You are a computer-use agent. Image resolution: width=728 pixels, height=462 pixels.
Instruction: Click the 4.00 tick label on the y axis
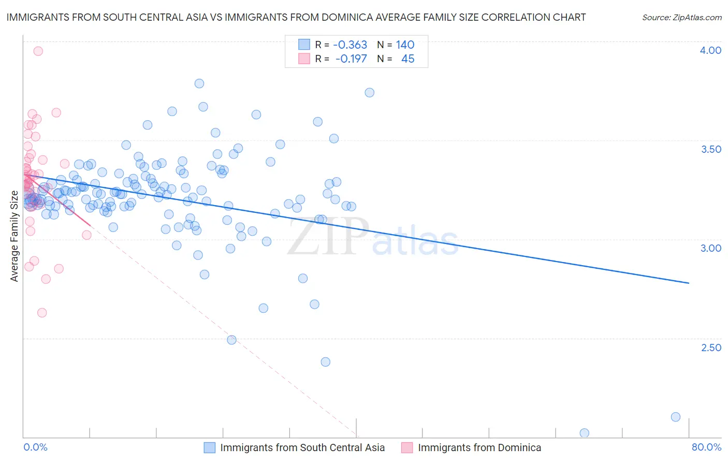pos(710,50)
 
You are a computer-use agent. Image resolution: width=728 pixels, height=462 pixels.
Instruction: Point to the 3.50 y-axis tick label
pos(710,149)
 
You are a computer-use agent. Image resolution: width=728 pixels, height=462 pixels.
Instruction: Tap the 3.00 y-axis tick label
pos(710,248)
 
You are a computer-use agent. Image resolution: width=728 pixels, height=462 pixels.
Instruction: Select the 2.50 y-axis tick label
pos(710,348)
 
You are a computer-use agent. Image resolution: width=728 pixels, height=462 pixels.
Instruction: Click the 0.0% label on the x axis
pos(35,447)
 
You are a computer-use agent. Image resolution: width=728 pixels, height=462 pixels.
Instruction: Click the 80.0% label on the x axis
pos(706,447)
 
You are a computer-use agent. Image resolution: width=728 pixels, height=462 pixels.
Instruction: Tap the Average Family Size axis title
pos(14,236)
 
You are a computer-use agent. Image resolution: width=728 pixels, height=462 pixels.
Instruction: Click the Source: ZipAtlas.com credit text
pos(681,18)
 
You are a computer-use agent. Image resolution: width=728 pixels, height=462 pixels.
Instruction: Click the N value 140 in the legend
pos(405,45)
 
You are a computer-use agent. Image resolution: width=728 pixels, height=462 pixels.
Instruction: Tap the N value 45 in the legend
pos(407,59)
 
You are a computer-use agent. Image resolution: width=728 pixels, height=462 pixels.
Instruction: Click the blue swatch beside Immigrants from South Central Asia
pos(209,448)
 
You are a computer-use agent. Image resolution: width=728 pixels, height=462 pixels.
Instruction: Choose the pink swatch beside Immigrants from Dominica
pos(407,448)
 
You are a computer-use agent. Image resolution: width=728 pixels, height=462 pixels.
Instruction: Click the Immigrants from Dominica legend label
pos(479,448)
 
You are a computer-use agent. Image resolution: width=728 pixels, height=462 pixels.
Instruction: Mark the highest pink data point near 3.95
pos(38,51)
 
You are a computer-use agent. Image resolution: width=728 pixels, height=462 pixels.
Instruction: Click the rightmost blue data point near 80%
pos(675,417)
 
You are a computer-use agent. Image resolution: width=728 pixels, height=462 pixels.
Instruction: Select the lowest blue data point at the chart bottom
pos(584,433)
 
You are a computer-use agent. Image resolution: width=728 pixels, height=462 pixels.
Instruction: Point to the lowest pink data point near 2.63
pos(42,313)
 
